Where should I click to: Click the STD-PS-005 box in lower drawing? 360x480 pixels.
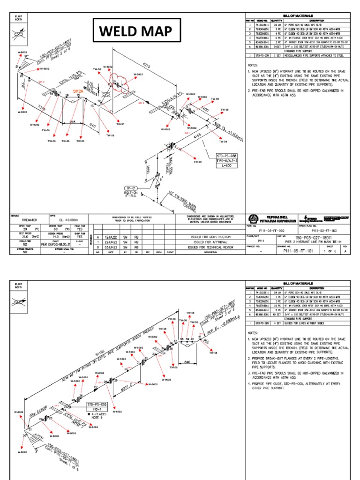[97, 404]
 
